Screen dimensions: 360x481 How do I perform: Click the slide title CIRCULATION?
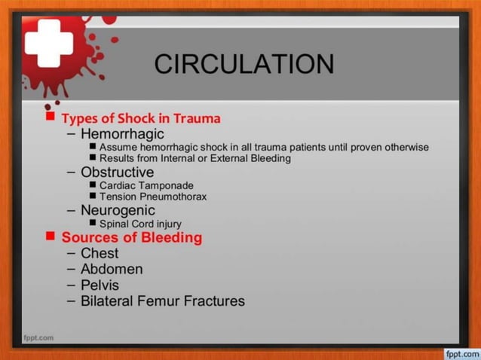(x=244, y=64)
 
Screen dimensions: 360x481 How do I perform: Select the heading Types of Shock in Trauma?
(x=141, y=118)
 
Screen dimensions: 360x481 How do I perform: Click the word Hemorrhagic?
(x=122, y=133)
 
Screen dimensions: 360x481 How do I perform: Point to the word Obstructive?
(x=117, y=172)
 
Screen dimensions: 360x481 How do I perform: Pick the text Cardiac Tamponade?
(x=146, y=185)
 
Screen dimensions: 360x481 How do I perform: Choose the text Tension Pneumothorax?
(x=153, y=197)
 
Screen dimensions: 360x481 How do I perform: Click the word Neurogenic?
(x=118, y=210)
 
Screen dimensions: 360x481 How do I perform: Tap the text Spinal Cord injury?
(x=140, y=224)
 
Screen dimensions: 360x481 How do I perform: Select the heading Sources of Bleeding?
(x=132, y=237)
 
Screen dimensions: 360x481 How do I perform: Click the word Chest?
(x=100, y=253)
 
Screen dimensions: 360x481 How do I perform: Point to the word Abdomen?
(x=112, y=269)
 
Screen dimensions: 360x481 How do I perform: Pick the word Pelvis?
(x=100, y=285)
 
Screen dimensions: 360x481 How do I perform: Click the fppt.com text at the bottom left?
(x=38, y=337)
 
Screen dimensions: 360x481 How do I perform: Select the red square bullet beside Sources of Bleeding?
(x=51, y=236)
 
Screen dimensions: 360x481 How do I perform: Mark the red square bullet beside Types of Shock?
(x=51, y=117)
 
